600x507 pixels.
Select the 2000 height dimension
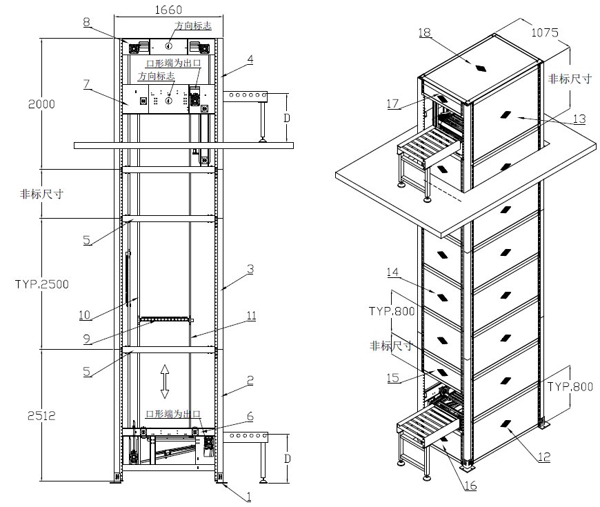41,103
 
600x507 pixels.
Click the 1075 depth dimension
544,32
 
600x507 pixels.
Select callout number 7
87,83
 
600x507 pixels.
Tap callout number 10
85,315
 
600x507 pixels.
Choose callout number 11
252,315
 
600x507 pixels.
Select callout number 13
579,119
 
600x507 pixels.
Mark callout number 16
470,485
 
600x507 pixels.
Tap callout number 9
87,338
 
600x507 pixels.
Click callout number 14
394,272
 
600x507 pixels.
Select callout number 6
250,416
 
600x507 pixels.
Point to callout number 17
393,103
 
